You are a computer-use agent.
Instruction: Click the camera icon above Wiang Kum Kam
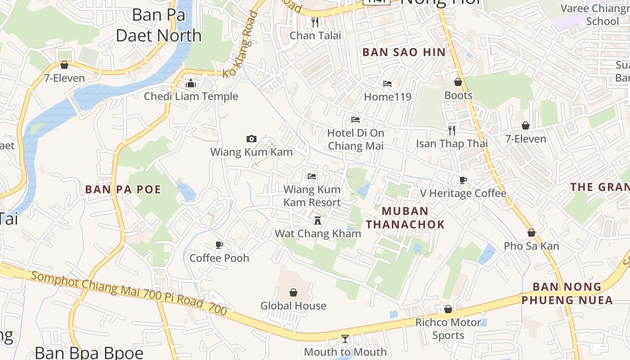click(252, 139)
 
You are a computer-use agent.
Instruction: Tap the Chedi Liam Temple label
click(191, 96)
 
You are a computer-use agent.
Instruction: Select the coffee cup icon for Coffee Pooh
click(219, 245)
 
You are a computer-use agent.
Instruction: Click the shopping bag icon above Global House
click(293, 292)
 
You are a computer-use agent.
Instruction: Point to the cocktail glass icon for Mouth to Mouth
click(345, 338)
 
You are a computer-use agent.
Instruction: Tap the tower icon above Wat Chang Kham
click(318, 220)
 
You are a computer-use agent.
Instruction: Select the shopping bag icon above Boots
click(458, 82)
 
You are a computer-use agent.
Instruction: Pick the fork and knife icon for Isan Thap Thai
click(452, 130)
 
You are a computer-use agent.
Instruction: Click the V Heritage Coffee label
click(463, 193)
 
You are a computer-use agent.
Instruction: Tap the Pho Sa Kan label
click(531, 246)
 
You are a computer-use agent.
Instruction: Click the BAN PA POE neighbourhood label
click(123, 189)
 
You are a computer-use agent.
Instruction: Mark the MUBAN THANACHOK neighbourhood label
click(405, 217)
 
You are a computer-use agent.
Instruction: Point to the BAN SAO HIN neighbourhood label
click(404, 52)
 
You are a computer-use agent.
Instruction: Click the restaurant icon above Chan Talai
click(315, 22)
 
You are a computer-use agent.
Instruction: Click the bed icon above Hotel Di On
click(355, 120)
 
